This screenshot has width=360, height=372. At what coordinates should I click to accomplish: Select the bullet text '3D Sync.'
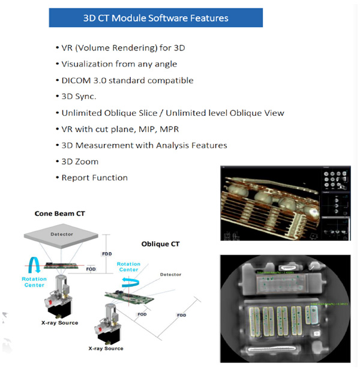point(80,97)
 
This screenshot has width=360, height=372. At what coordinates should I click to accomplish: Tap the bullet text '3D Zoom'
point(80,161)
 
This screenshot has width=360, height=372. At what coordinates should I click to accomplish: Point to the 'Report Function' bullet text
point(94,178)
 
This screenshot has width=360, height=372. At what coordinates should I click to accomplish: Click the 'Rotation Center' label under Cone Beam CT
point(34,283)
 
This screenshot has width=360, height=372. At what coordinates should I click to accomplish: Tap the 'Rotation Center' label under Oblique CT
point(129,266)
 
